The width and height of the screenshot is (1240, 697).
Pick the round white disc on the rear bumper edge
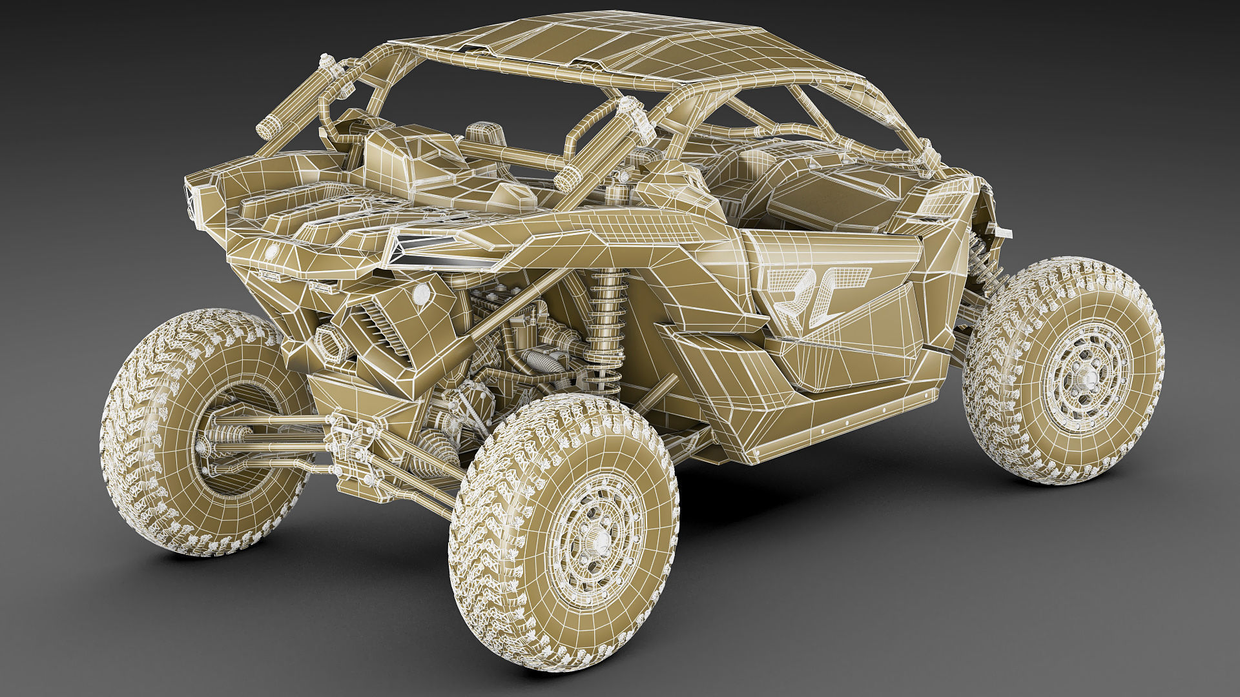coord(269,250)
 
